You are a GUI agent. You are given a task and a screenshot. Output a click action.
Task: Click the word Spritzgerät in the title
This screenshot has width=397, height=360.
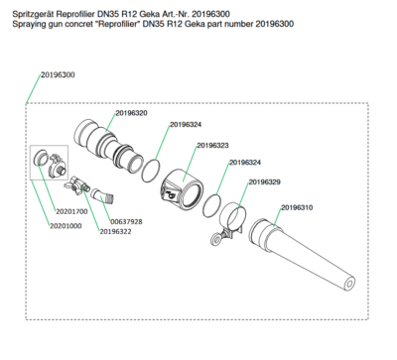coord(33,14)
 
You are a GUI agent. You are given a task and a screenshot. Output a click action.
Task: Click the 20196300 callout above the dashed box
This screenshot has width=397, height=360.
coord(58,74)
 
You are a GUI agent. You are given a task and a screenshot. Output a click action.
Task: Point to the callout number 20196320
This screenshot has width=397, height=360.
coord(132,113)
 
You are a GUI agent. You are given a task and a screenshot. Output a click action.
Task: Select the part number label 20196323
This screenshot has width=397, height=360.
coord(212,146)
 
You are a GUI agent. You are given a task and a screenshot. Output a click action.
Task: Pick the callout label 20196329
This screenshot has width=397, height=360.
coord(265,182)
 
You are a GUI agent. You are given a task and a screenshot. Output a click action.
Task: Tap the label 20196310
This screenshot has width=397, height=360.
coord(297,207)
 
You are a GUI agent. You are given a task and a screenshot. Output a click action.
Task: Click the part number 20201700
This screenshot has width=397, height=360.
coord(71,211)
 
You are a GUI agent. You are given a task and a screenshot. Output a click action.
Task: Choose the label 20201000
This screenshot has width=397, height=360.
coord(66,226)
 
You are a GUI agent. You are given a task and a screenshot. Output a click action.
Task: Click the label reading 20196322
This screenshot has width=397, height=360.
coord(115,232)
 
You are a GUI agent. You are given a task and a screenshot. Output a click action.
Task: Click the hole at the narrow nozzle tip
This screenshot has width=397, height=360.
coord(349,284)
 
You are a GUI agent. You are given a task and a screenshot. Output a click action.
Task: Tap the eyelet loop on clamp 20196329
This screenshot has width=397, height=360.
coord(215,239)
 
